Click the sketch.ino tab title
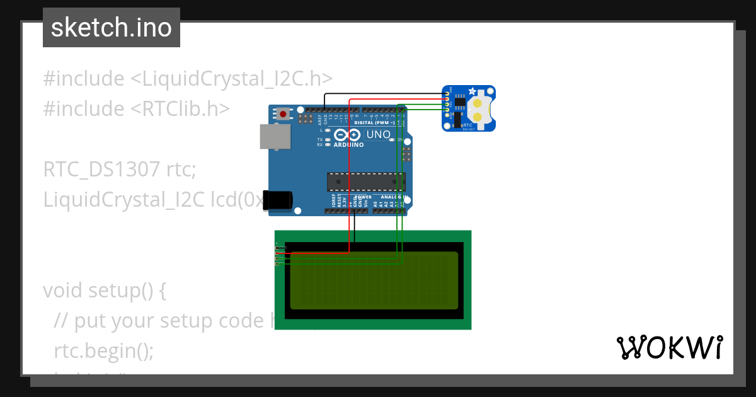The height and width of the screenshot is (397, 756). point(112,28)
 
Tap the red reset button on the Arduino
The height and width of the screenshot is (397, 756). point(284,114)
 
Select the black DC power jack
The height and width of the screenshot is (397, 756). point(277,200)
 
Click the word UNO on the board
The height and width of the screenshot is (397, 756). point(379,134)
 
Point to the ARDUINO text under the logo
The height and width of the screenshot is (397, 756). point(348,144)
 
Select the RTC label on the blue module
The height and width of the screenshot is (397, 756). point(467,125)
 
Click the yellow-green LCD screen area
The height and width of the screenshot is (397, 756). point(374,280)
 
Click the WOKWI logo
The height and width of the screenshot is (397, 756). point(669,347)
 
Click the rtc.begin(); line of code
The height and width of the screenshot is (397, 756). point(104,350)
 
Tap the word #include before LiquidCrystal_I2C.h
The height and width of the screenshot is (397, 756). point(84,79)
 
